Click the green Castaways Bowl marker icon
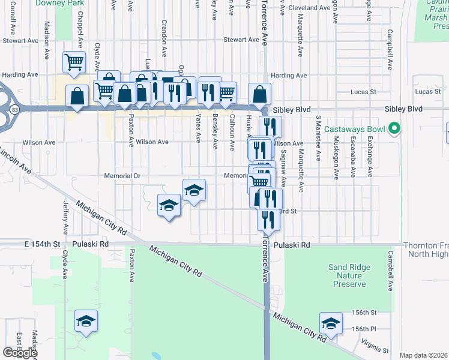[x=394, y=129]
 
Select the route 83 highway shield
[x=13, y=110]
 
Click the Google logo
[x=20, y=353]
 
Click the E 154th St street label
[x=43, y=245]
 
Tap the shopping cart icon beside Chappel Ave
[x=74, y=61]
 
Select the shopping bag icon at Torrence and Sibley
[x=259, y=94]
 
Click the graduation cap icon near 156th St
[x=331, y=323]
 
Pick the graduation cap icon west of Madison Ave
[x=86, y=321]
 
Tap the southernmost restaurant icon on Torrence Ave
[x=268, y=219]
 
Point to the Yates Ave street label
[x=199, y=129]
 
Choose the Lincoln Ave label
[x=17, y=161]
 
